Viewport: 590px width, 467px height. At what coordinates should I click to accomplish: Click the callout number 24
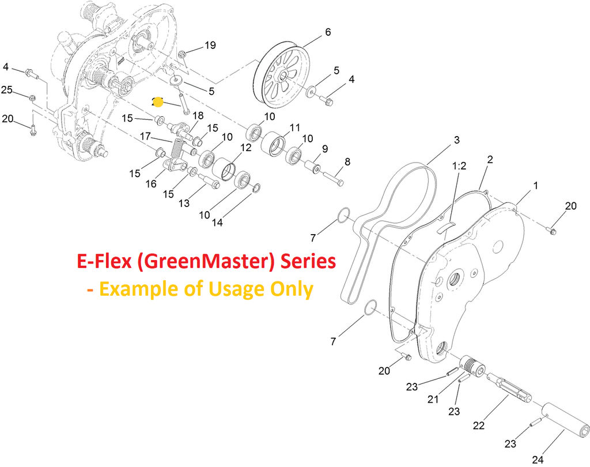click(538, 460)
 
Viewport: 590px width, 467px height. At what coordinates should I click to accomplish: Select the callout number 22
click(478, 425)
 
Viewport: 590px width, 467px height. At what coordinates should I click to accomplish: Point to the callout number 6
click(328, 32)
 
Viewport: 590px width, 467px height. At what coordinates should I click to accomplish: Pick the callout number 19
click(210, 45)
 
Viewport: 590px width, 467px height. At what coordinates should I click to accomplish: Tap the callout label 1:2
click(459, 165)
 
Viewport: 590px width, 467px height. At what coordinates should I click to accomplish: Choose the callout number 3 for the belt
click(456, 140)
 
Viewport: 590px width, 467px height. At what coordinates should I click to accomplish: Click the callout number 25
click(7, 89)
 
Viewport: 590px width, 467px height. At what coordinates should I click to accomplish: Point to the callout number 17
click(145, 137)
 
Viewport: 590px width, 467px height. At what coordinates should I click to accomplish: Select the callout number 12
click(245, 148)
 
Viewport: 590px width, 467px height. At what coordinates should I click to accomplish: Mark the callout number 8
click(347, 162)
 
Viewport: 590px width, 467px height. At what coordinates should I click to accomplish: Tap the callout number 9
click(324, 149)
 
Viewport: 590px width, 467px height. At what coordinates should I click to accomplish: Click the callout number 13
click(184, 203)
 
